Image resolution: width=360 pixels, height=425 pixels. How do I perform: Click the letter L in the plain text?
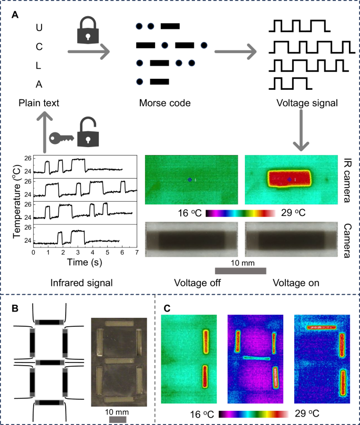pos(39,64)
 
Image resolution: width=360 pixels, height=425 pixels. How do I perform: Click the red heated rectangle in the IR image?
pos(290,179)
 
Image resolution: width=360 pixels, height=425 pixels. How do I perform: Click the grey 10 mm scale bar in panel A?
pos(240,271)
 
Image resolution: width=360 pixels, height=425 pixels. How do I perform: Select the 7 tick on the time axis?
pos(137,252)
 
